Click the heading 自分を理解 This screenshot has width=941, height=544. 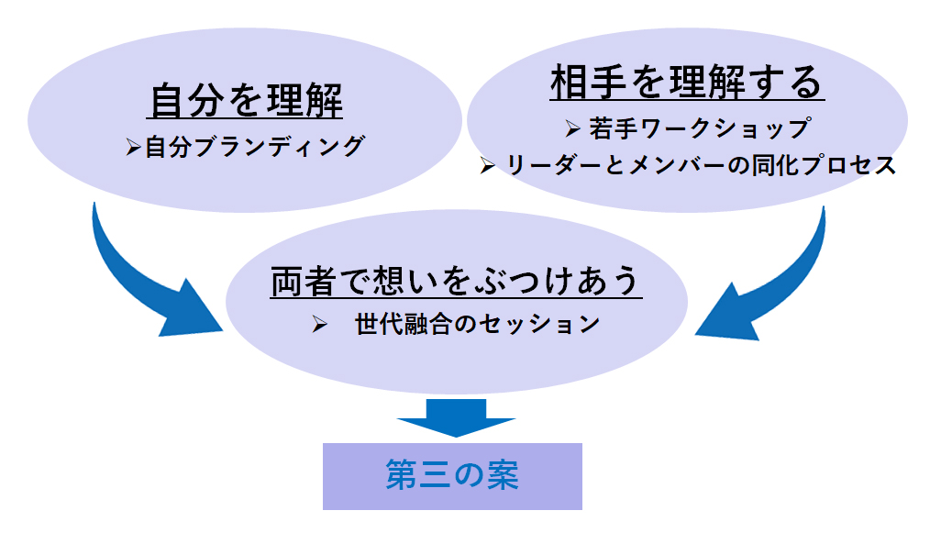(246, 100)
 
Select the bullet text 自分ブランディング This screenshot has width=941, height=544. (254, 147)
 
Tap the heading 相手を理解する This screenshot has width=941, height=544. (687, 83)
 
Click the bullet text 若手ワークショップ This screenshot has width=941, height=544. (701, 128)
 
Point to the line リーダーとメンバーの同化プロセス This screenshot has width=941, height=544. (701, 165)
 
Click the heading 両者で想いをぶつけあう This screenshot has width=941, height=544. (455, 281)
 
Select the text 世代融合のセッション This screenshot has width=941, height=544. (478, 324)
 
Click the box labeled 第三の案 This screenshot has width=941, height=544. (452, 477)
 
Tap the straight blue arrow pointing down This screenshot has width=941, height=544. (456, 418)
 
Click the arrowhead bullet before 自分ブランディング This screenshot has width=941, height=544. (133, 147)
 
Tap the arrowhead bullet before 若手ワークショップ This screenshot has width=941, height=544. (572, 128)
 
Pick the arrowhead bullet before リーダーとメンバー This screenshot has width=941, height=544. (488, 166)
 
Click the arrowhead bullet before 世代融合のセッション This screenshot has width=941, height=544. (320, 325)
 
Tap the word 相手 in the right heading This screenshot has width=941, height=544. (589, 83)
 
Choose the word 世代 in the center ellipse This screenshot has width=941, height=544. (379, 324)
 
